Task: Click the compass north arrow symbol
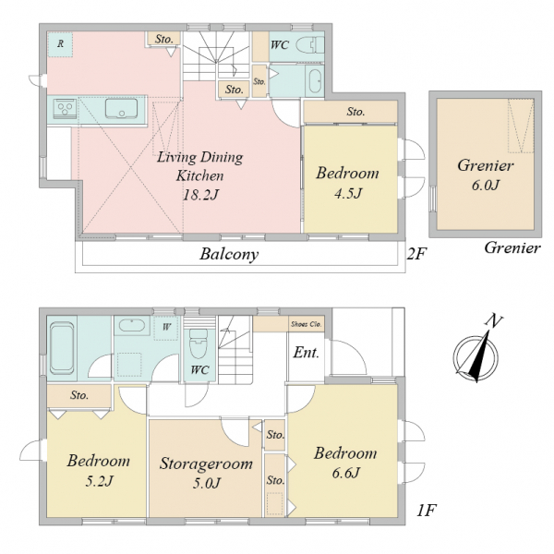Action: pos(477,355)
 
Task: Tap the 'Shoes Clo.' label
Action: pos(306,324)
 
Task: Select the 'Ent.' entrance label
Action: pos(306,353)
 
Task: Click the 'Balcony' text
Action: pos(229,254)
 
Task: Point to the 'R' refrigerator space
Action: pos(60,44)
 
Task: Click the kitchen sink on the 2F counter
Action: pos(121,108)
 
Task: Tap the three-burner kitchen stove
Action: pos(65,108)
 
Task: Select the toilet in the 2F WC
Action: pos(309,45)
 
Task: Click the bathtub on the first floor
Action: pos(62,348)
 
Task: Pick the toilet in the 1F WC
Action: pos(199,344)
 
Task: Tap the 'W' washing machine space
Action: pos(166,328)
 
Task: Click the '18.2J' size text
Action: pos(200,195)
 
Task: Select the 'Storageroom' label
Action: pos(206,464)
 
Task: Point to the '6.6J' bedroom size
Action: pos(345,473)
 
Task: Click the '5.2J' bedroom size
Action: pos(99,481)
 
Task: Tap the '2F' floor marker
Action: pos(416,254)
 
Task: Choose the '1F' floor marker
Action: pos(427,511)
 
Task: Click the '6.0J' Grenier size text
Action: pos(486,186)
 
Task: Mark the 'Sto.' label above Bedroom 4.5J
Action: pos(355,112)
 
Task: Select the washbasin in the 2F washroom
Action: pos(315,80)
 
